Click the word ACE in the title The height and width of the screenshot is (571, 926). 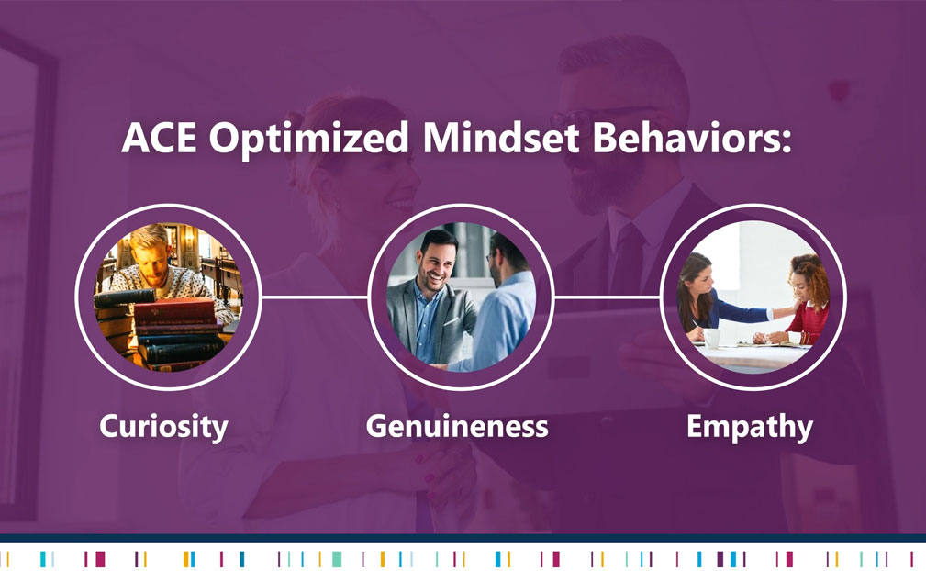point(159,138)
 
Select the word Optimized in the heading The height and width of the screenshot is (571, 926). point(309,140)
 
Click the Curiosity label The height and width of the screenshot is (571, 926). point(163,426)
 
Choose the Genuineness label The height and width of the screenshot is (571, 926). point(457,426)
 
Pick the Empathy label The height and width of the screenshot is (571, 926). point(750,427)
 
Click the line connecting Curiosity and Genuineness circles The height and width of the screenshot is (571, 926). point(315,297)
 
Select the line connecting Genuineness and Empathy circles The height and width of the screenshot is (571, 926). point(608,297)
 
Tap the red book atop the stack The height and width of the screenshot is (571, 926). point(175,309)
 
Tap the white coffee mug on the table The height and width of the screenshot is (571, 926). point(712,339)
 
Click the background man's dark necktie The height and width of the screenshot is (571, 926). point(626,260)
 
